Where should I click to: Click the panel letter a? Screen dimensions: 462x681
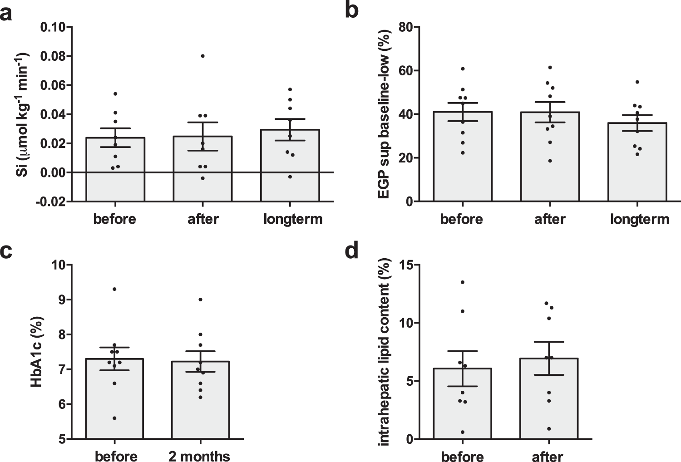[6, 14]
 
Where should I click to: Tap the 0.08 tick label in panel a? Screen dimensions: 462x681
[53, 56]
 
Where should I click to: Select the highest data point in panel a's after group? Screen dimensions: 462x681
[202, 56]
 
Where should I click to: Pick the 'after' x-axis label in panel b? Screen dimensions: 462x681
[550, 219]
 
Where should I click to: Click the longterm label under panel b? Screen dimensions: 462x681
[639, 219]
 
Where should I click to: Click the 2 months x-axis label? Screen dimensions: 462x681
[199, 456]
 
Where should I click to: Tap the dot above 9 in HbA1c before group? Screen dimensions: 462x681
[114, 289]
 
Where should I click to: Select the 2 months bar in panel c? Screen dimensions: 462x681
[200, 399]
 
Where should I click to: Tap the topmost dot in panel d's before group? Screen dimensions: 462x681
[462, 282]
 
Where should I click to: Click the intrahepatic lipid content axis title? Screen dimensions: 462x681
[384, 352]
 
